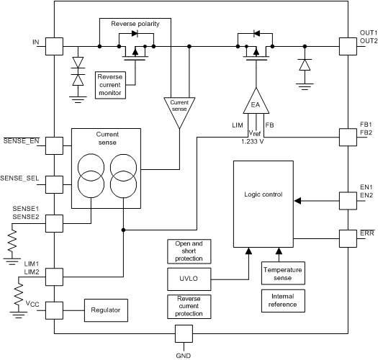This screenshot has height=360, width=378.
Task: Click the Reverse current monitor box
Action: (x=110, y=84)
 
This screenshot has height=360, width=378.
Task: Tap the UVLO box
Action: (x=184, y=277)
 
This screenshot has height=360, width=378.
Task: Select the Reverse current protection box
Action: (x=184, y=306)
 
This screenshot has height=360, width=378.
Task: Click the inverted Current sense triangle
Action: (x=179, y=109)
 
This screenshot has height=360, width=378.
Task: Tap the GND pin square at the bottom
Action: (x=184, y=334)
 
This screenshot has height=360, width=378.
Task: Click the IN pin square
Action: (x=55, y=45)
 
